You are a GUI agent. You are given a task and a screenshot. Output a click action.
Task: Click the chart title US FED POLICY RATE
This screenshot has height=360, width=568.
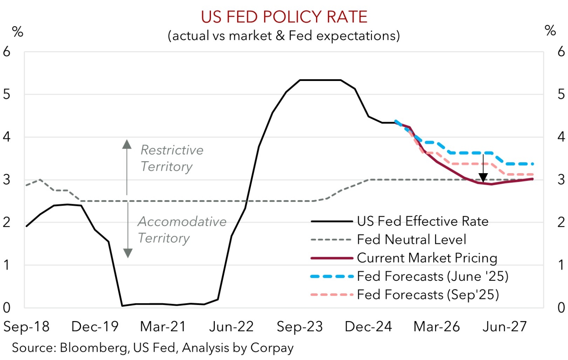[x=284, y=17]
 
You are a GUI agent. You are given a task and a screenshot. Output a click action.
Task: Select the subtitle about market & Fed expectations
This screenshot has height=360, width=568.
[x=284, y=36]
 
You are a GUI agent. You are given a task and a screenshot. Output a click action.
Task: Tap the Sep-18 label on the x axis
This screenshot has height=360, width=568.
[x=26, y=327]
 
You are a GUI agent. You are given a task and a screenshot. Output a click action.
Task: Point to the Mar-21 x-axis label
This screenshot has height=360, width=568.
[x=163, y=327]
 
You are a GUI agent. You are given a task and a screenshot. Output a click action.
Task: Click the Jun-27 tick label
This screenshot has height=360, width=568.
[x=504, y=327]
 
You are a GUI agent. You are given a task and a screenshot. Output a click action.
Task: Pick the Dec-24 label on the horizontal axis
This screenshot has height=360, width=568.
[x=368, y=327]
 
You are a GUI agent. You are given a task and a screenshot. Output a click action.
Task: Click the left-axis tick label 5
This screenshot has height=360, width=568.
[x=7, y=94]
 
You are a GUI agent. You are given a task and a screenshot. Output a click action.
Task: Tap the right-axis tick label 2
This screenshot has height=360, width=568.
[x=561, y=222]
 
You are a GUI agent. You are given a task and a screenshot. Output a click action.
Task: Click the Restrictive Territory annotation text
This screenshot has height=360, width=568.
[x=172, y=158]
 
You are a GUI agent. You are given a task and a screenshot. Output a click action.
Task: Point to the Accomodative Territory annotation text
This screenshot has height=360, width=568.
[x=182, y=229]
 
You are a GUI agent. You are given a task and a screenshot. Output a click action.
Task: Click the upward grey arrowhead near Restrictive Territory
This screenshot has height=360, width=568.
[x=127, y=144]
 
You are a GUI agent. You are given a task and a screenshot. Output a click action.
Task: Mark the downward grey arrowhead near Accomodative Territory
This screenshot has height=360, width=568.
[x=128, y=253]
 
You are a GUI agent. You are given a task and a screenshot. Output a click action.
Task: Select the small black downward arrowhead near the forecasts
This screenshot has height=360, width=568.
[x=483, y=177]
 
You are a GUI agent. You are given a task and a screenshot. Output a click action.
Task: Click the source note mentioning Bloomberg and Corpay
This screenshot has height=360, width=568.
[x=153, y=348]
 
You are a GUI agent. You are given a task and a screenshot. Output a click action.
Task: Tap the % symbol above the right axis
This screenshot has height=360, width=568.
[x=550, y=31]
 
